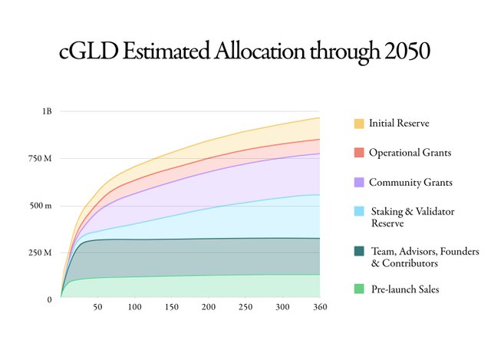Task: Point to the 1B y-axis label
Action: [x=47, y=111]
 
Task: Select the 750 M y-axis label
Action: [x=41, y=159]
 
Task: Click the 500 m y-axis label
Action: [x=41, y=206]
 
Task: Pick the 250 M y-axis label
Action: [x=41, y=253]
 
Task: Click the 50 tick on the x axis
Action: [x=97, y=308]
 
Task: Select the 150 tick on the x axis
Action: [x=171, y=308]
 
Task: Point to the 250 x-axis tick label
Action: [x=245, y=308]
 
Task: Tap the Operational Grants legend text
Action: [x=410, y=152]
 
